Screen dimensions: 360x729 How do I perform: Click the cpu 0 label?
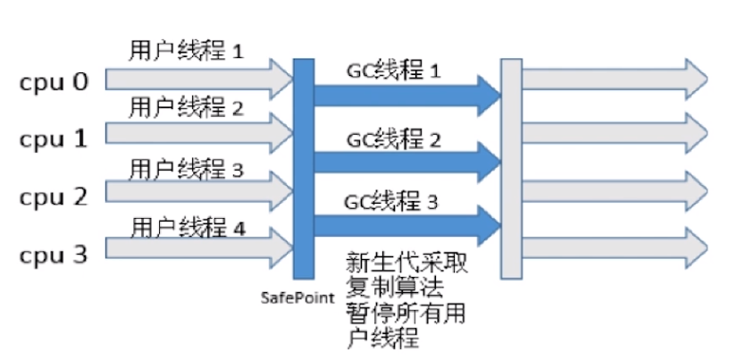tap(54, 83)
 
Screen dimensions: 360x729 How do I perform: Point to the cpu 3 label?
tap(54, 255)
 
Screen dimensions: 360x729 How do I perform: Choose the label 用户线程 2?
tap(186, 109)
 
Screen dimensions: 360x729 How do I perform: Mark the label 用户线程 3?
tap(186, 168)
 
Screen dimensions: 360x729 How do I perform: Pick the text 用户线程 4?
tap(187, 226)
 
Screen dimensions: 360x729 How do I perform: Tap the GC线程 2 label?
tap(393, 138)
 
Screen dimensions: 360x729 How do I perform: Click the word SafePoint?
tap(297, 294)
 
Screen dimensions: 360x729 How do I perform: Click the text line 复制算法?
tap(392, 289)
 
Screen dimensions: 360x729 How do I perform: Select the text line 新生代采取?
tap(405, 264)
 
